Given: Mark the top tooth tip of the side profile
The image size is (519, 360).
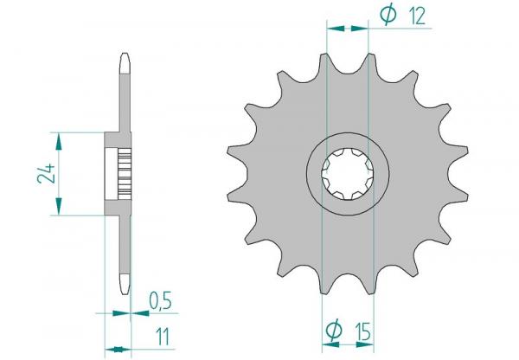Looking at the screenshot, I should [123, 59].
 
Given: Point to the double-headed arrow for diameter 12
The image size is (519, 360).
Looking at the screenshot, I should [347, 29].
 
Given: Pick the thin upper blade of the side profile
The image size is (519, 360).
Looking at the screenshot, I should [123, 95].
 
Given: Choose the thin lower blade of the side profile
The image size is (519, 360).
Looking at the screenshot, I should [123, 251].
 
